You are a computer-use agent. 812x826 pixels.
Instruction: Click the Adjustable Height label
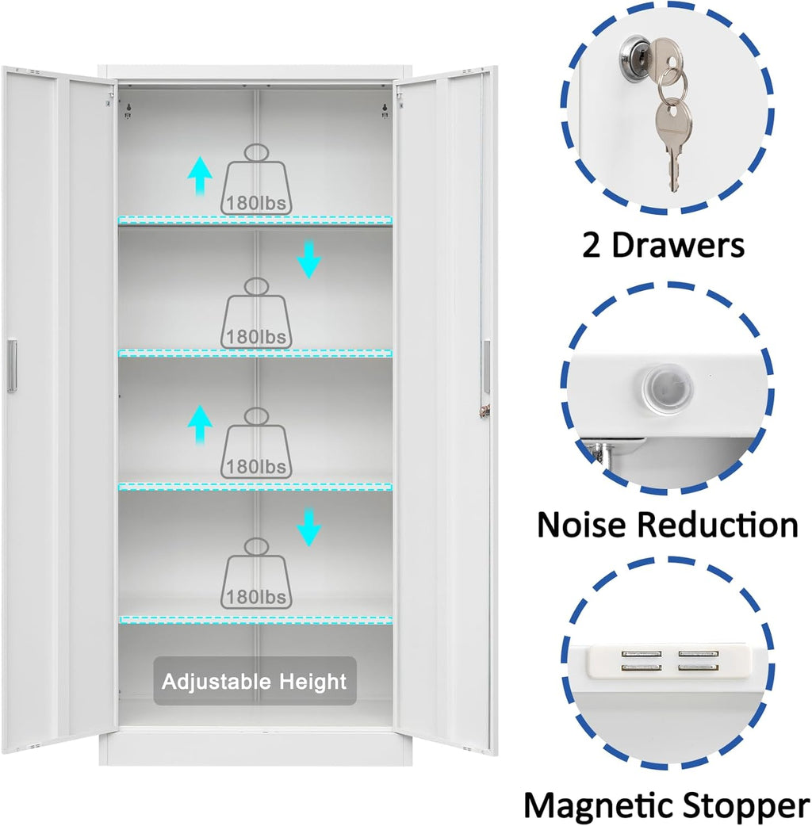pos(255,681)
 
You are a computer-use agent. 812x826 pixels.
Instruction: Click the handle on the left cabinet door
pos(12,365)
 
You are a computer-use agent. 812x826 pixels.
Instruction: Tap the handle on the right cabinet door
pos(486,366)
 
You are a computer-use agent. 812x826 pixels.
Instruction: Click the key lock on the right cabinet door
pos(485,410)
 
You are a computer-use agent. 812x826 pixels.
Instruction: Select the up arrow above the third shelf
pos(201,424)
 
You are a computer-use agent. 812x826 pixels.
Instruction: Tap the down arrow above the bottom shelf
pos(309,528)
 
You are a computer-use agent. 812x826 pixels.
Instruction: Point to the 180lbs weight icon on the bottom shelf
pos(257,573)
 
